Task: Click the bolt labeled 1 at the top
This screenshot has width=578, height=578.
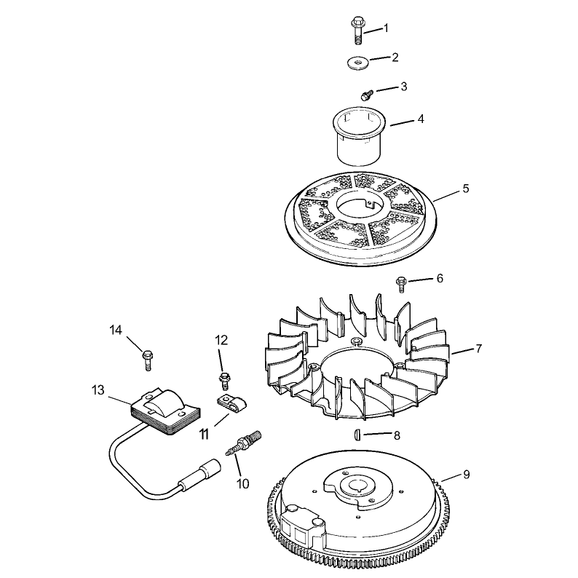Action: click(x=357, y=31)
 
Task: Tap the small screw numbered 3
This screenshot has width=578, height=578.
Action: click(x=366, y=95)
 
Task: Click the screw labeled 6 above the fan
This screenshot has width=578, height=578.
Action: click(x=401, y=284)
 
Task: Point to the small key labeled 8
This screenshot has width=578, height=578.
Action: click(x=357, y=435)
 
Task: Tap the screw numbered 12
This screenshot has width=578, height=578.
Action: click(x=223, y=381)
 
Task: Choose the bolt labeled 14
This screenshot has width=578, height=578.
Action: click(x=147, y=360)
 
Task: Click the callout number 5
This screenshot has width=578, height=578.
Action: click(x=466, y=189)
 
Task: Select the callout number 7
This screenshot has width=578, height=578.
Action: click(x=478, y=349)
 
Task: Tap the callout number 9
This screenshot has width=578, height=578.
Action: click(x=467, y=475)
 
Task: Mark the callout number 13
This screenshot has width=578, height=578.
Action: click(x=98, y=390)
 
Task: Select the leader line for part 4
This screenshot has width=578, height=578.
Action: click(x=402, y=123)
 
